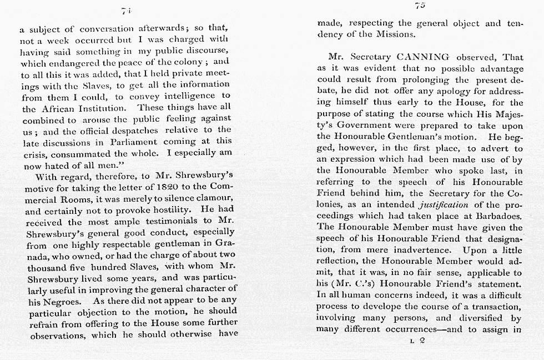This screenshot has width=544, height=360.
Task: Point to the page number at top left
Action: [125, 11]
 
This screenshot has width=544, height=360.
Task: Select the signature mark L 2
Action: [417, 341]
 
